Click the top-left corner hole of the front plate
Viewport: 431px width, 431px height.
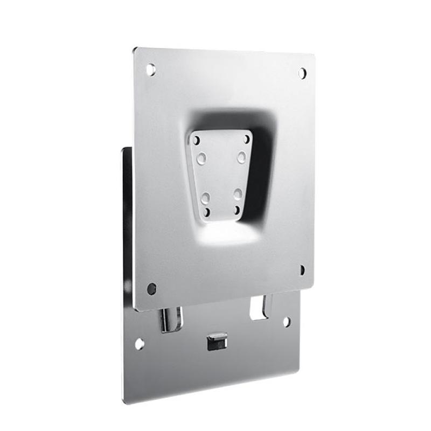pyautogui.click(x=151, y=69)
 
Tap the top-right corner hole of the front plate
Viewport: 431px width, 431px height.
pyautogui.click(x=302, y=73)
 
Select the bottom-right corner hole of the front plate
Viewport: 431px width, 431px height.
pyautogui.click(x=302, y=269)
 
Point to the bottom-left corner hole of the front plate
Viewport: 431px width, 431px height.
pyautogui.click(x=152, y=289)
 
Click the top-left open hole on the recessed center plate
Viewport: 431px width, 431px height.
pyautogui.click(x=197, y=140)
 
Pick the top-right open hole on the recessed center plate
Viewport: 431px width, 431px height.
pyautogui.click(x=247, y=139)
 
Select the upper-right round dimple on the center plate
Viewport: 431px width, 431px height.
pyautogui.click(x=242, y=157)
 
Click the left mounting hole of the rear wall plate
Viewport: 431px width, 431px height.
pyautogui.click(x=139, y=343)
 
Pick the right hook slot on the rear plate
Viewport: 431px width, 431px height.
pyautogui.click(x=260, y=308)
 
